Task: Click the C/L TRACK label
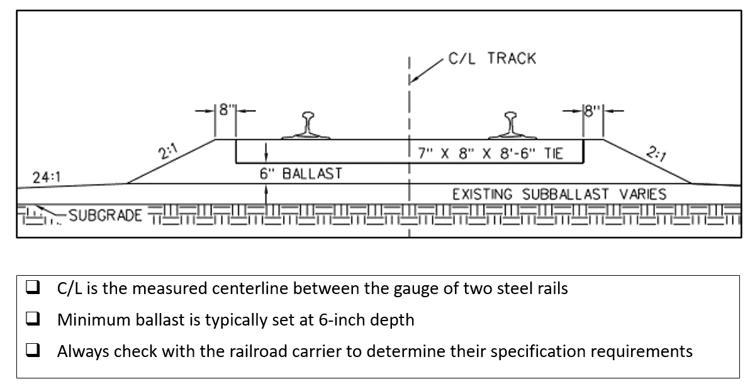click(491, 59)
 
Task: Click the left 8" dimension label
click(225, 109)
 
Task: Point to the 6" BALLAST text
click(301, 174)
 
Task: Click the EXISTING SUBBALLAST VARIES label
click(559, 194)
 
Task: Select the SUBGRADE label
click(105, 216)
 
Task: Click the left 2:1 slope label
click(167, 153)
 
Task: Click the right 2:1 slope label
click(656, 153)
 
